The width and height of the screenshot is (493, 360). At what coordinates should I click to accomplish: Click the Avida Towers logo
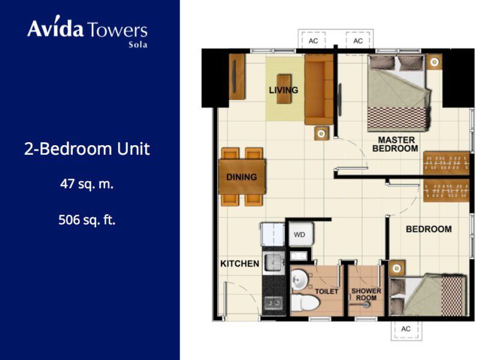88,32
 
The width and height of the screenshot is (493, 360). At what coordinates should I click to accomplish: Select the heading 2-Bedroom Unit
87,149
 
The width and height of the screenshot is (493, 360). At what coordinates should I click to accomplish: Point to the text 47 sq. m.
87,184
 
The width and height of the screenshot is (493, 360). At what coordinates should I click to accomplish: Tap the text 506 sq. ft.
87,220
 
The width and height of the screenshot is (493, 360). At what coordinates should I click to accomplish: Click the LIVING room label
283,90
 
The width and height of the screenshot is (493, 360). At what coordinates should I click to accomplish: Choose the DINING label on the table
241,177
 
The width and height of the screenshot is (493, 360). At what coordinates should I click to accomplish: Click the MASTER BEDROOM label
396,144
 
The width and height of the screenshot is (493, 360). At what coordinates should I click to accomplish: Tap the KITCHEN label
240,263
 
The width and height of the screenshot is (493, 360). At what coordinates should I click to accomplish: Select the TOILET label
327,292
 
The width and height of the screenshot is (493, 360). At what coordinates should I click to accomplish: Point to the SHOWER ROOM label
366,295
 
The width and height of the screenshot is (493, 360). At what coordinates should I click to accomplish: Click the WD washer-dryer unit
301,234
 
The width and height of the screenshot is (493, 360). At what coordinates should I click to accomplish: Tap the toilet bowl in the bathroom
304,302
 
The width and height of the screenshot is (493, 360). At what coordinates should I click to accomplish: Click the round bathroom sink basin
298,279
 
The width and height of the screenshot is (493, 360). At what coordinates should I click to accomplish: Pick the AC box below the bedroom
405,329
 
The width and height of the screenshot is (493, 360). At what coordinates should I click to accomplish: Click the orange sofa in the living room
319,89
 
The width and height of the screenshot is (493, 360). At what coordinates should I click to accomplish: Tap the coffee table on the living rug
284,89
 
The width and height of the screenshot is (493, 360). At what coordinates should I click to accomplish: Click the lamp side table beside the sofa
322,134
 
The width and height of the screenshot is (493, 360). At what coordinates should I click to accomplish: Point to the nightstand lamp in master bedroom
435,62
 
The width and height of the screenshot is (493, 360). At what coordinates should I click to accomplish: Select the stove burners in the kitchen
273,303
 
